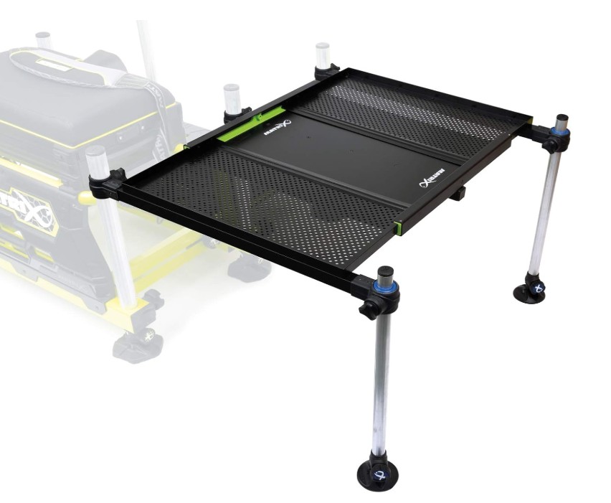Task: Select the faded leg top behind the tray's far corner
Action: click(x=322, y=55)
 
